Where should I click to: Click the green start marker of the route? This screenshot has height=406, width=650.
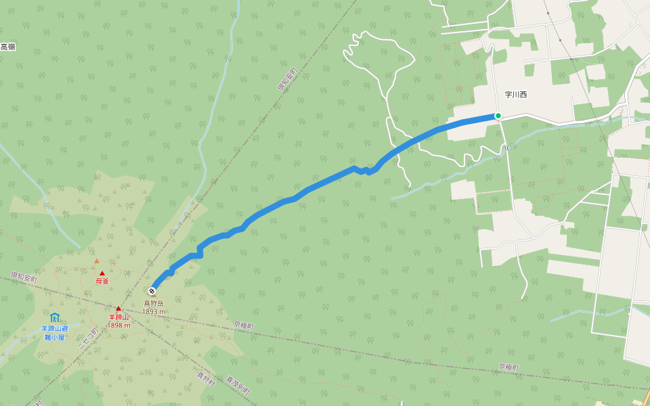(x=498, y=116)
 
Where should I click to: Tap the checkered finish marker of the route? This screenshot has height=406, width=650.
(x=152, y=292)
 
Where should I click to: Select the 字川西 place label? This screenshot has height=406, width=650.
(x=516, y=95)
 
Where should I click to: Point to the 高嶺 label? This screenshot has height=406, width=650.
(x=7, y=47)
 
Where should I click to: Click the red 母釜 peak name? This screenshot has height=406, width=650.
(x=102, y=281)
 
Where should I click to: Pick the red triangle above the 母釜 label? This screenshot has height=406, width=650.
(x=102, y=273)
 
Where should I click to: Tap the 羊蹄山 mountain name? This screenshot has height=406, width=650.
(x=118, y=317)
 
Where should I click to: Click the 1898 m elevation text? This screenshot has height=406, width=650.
(x=118, y=325)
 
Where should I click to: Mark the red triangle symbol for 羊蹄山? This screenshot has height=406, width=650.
(x=118, y=309)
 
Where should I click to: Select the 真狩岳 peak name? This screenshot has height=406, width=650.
(x=153, y=304)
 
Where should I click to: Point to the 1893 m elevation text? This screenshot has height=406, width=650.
(x=154, y=312)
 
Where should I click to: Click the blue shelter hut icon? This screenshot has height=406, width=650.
(x=54, y=317)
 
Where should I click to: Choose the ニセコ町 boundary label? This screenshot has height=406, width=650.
(x=87, y=338)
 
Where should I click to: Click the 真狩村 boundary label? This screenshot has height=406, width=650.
(x=206, y=380)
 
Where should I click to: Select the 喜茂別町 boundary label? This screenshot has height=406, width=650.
(x=238, y=386)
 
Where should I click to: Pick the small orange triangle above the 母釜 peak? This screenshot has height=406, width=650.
(x=96, y=261)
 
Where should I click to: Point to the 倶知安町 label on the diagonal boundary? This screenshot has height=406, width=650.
(x=287, y=79)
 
